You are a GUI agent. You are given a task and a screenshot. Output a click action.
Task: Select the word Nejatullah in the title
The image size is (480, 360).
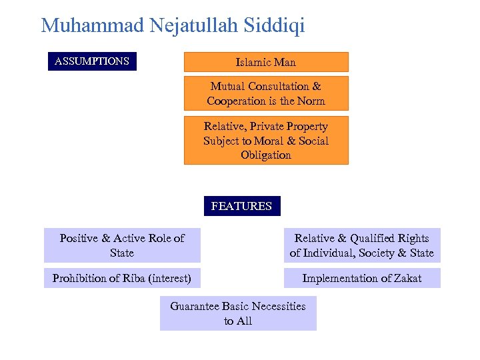click(x=185, y=25)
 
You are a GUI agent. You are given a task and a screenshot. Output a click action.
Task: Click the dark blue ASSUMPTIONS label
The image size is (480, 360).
click(x=92, y=61)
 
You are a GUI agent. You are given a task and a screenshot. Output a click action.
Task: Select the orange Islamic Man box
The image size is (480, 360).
click(x=266, y=62)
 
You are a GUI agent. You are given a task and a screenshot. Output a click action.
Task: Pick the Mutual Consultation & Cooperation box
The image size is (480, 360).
click(x=266, y=93)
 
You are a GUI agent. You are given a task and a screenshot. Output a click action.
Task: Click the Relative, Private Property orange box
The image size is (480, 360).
click(x=266, y=140)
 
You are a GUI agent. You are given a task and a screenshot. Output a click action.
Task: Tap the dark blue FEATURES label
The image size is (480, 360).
click(x=241, y=206)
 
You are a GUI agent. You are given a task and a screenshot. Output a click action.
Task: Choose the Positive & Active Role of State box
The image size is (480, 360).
click(x=122, y=245)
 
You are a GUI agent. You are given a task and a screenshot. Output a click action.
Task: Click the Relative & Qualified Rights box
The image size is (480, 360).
click(x=362, y=245)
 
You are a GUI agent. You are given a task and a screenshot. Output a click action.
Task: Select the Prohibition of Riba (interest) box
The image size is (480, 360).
click(x=122, y=278)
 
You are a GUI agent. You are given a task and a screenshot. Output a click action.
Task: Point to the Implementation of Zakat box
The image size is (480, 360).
click(x=362, y=278)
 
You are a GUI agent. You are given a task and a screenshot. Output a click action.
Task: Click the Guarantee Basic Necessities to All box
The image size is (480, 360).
click(x=238, y=313)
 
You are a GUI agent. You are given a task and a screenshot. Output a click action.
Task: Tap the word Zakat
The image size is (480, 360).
click(x=406, y=278)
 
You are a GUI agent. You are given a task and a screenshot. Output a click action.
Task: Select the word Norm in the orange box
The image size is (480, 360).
click(x=311, y=101)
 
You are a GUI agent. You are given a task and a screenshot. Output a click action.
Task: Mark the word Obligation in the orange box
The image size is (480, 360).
click(x=266, y=155)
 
